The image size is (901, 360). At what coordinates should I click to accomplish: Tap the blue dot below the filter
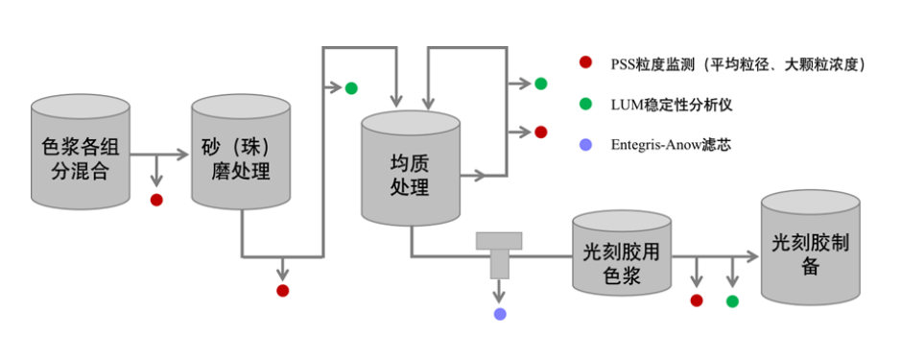click(499, 314)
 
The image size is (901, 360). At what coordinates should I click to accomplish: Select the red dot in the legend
click(585, 63)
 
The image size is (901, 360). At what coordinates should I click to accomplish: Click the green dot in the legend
click(585, 104)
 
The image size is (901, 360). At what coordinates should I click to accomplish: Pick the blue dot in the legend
click(585, 145)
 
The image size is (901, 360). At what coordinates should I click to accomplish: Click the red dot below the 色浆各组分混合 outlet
click(156, 200)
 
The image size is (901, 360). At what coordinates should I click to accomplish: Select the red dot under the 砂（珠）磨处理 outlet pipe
click(282, 290)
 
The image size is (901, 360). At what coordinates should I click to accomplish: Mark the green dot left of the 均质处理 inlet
click(351, 88)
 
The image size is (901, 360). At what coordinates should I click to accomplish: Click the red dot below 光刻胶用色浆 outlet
click(697, 300)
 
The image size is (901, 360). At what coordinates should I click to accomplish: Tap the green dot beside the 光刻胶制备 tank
click(733, 301)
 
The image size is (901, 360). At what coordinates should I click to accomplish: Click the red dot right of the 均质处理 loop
click(540, 132)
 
